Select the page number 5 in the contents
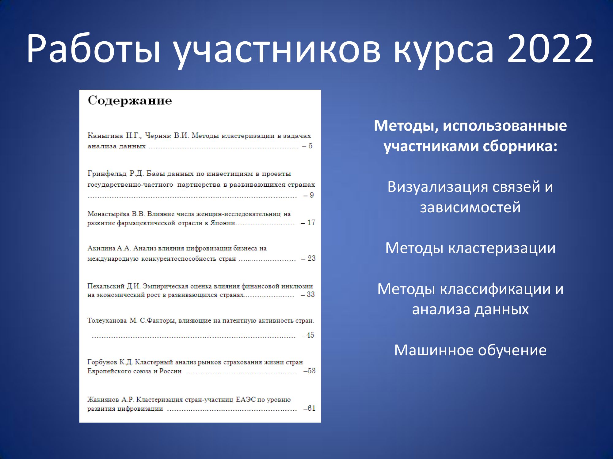point(310,146)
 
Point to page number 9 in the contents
point(312,195)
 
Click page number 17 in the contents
point(311,222)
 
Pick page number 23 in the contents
point(311,258)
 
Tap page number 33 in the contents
point(311,294)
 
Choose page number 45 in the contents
point(310,335)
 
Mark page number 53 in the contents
point(311,371)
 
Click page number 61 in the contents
point(311,408)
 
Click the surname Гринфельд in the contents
point(107,174)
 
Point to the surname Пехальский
point(106,286)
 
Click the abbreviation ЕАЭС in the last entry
point(246,400)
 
